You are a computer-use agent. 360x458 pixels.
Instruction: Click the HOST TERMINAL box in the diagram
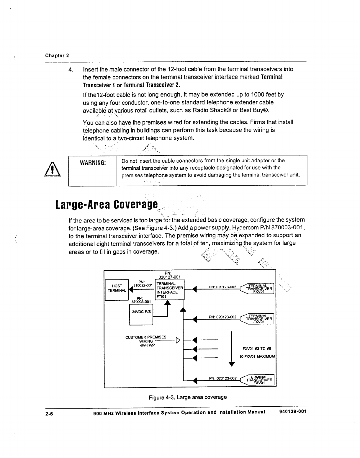pyautogui.click(x=117, y=289)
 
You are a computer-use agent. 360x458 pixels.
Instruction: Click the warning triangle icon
pyautogui.click(x=53, y=170)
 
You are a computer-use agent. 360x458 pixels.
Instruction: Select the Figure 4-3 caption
pyautogui.click(x=188, y=397)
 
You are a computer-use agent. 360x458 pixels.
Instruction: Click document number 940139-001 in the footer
pyautogui.click(x=292, y=411)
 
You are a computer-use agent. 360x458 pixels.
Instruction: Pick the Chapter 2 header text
pyautogui.click(x=57, y=55)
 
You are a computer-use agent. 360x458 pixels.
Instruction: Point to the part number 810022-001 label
pyautogui.click(x=143, y=285)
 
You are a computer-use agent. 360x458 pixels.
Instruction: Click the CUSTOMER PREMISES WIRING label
pyautogui.click(x=146, y=339)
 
